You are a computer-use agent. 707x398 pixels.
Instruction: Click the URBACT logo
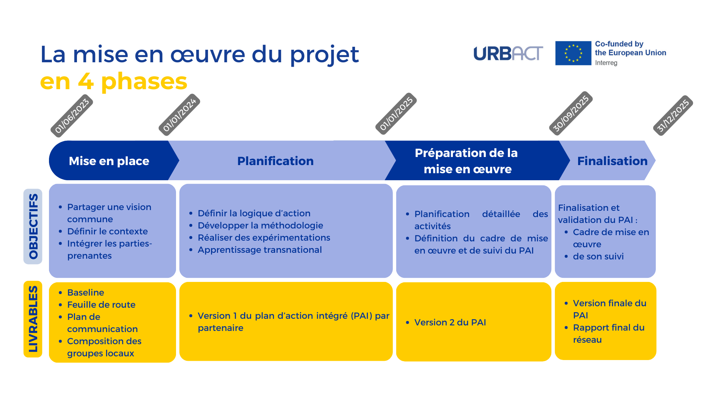click(x=508, y=53)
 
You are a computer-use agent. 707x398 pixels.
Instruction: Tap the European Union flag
click(x=573, y=53)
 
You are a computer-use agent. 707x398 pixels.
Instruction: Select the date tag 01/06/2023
click(x=71, y=116)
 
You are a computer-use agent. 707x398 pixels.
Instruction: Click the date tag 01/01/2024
click(x=179, y=115)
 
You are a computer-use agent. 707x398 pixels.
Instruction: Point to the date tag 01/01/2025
click(x=396, y=114)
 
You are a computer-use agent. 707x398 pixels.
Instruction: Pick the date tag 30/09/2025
click(x=571, y=113)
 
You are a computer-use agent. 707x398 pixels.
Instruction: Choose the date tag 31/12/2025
click(x=673, y=115)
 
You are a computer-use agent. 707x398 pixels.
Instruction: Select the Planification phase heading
click(x=275, y=161)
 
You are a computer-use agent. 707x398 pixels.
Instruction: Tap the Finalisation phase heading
click(x=612, y=161)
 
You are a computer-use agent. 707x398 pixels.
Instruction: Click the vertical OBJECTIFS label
click(x=33, y=226)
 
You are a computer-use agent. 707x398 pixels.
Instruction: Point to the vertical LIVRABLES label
click(x=33, y=319)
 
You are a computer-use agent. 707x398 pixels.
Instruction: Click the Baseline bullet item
click(x=85, y=292)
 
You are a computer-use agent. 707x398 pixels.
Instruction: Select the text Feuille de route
click(x=101, y=305)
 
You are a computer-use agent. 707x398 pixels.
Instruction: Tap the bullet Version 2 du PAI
click(x=446, y=322)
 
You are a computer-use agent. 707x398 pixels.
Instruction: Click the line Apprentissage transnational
click(x=260, y=250)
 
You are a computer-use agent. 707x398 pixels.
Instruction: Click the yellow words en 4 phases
click(x=113, y=81)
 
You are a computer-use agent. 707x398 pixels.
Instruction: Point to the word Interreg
click(x=606, y=63)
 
